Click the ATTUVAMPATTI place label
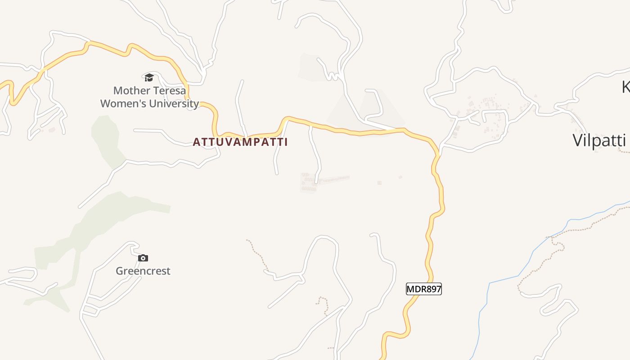click(240, 142)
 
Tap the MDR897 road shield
click(424, 289)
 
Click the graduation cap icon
click(149, 77)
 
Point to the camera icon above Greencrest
click(143, 258)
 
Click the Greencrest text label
click(143, 271)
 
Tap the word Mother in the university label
click(127, 90)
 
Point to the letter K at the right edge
click(626, 87)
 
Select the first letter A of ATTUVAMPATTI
click(196, 142)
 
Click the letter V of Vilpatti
click(578, 140)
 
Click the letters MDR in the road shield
click(416, 289)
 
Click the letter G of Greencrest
click(120, 271)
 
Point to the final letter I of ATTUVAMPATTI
click(285, 142)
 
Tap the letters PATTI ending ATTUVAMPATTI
click(270, 142)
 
